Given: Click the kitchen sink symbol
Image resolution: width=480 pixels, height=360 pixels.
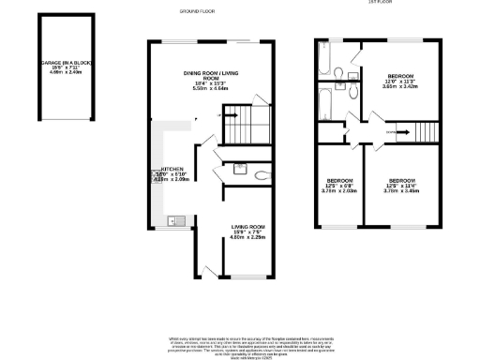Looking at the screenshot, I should [174, 221].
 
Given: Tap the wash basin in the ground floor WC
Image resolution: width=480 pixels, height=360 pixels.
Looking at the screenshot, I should [240, 170].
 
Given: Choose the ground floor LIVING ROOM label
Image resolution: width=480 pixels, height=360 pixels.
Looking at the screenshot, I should [250, 227].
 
